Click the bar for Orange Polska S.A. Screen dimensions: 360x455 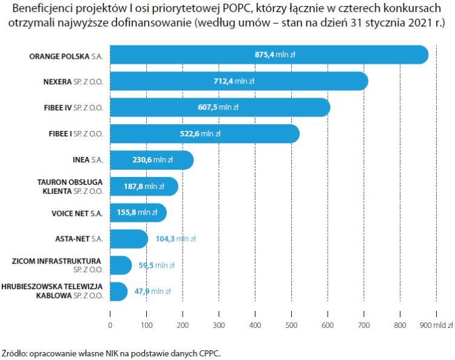click(x=182, y=55)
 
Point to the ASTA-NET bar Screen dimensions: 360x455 click(x=129, y=239)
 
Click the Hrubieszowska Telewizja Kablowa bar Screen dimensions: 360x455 click(x=119, y=292)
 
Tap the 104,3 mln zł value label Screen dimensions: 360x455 click(x=175, y=239)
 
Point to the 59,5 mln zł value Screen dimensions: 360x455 click(x=157, y=265)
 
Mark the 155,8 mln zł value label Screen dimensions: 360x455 click(x=136, y=213)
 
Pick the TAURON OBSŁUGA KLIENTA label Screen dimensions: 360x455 click(x=70, y=186)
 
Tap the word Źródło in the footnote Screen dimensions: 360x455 click(x=14, y=352)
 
